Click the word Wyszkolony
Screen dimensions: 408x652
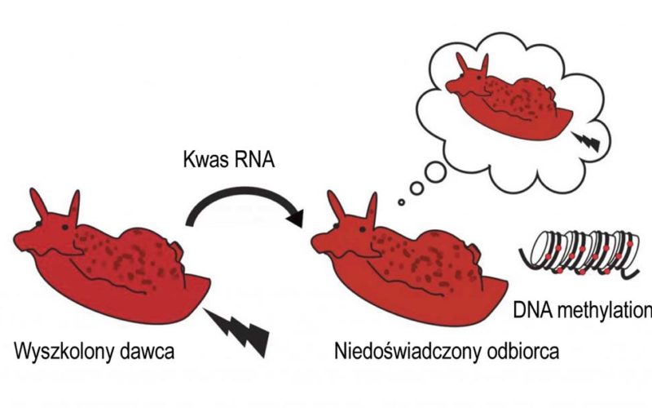tap(66, 355)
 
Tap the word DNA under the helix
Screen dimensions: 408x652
tap(533, 311)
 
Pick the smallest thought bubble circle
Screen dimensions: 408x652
tap(400, 201)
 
